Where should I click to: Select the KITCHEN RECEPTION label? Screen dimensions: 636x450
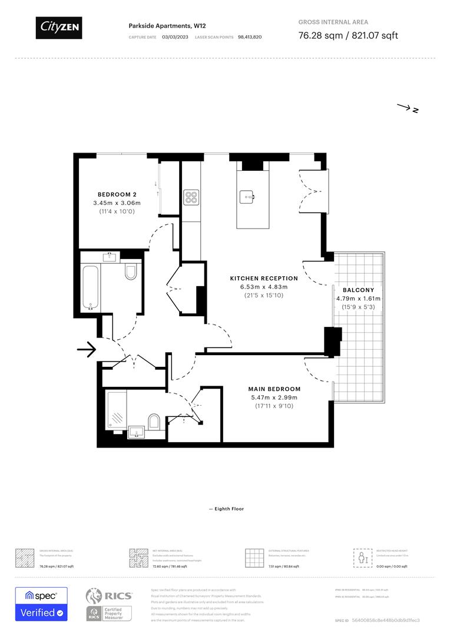coord(264,278)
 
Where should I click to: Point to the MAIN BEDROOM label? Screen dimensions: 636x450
coord(274,389)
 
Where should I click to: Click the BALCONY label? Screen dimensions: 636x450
coord(358,290)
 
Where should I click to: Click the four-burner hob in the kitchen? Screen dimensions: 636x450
coord(191,197)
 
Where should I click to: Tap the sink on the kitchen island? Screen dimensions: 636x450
coord(247,196)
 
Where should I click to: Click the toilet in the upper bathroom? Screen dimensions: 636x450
coord(131,271)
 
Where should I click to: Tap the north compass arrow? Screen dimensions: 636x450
coord(407,108)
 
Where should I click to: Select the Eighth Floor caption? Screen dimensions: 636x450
coord(226,509)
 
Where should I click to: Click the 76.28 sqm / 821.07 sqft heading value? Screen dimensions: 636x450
coord(348,35)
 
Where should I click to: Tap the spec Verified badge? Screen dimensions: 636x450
coord(41,604)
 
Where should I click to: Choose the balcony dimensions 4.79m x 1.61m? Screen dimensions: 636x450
coord(358,299)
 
